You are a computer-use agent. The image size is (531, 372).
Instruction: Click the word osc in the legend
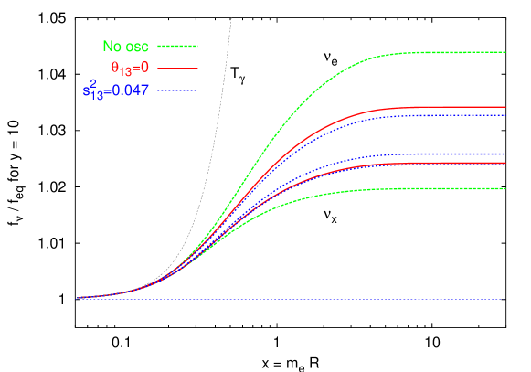click(x=137, y=47)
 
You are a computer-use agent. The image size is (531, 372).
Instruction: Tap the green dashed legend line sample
click(x=177, y=45)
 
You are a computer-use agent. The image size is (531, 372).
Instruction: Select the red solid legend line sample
click(x=177, y=68)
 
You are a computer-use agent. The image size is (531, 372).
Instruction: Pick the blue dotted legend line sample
click(x=177, y=90)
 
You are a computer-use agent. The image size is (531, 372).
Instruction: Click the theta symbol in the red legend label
click(x=114, y=67)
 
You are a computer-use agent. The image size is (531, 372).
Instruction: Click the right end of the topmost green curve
click(x=505, y=52)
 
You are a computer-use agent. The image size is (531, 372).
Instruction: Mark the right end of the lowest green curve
click(x=505, y=188)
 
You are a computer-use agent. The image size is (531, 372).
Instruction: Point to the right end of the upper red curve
click(x=505, y=107)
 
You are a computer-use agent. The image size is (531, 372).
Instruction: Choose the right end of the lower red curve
click(x=505, y=164)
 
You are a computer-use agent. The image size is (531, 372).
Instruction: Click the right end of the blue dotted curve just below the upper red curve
click(x=505, y=115)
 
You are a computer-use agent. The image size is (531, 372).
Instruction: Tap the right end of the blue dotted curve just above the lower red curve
click(x=505, y=154)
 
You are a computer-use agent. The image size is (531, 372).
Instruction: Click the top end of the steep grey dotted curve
click(x=231, y=17)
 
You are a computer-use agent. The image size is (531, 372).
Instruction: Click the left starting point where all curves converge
click(x=79, y=298)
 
